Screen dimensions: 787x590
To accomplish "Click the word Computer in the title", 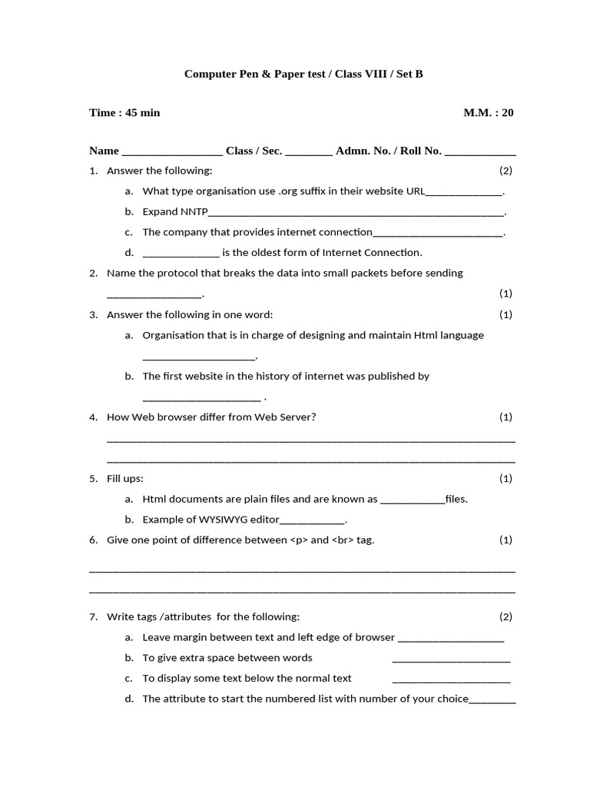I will click(x=210, y=75).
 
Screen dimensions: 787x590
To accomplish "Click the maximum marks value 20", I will click(x=507, y=113).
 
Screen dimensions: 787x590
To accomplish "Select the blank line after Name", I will click(x=172, y=152).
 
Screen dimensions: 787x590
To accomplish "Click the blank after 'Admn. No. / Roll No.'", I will click(x=480, y=152).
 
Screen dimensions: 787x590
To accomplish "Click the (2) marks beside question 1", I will click(x=505, y=170).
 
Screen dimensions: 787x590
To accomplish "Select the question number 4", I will click(x=93, y=417).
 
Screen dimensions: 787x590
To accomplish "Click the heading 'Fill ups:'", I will click(x=125, y=479).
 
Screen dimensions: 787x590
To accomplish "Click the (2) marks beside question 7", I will click(x=505, y=616).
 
